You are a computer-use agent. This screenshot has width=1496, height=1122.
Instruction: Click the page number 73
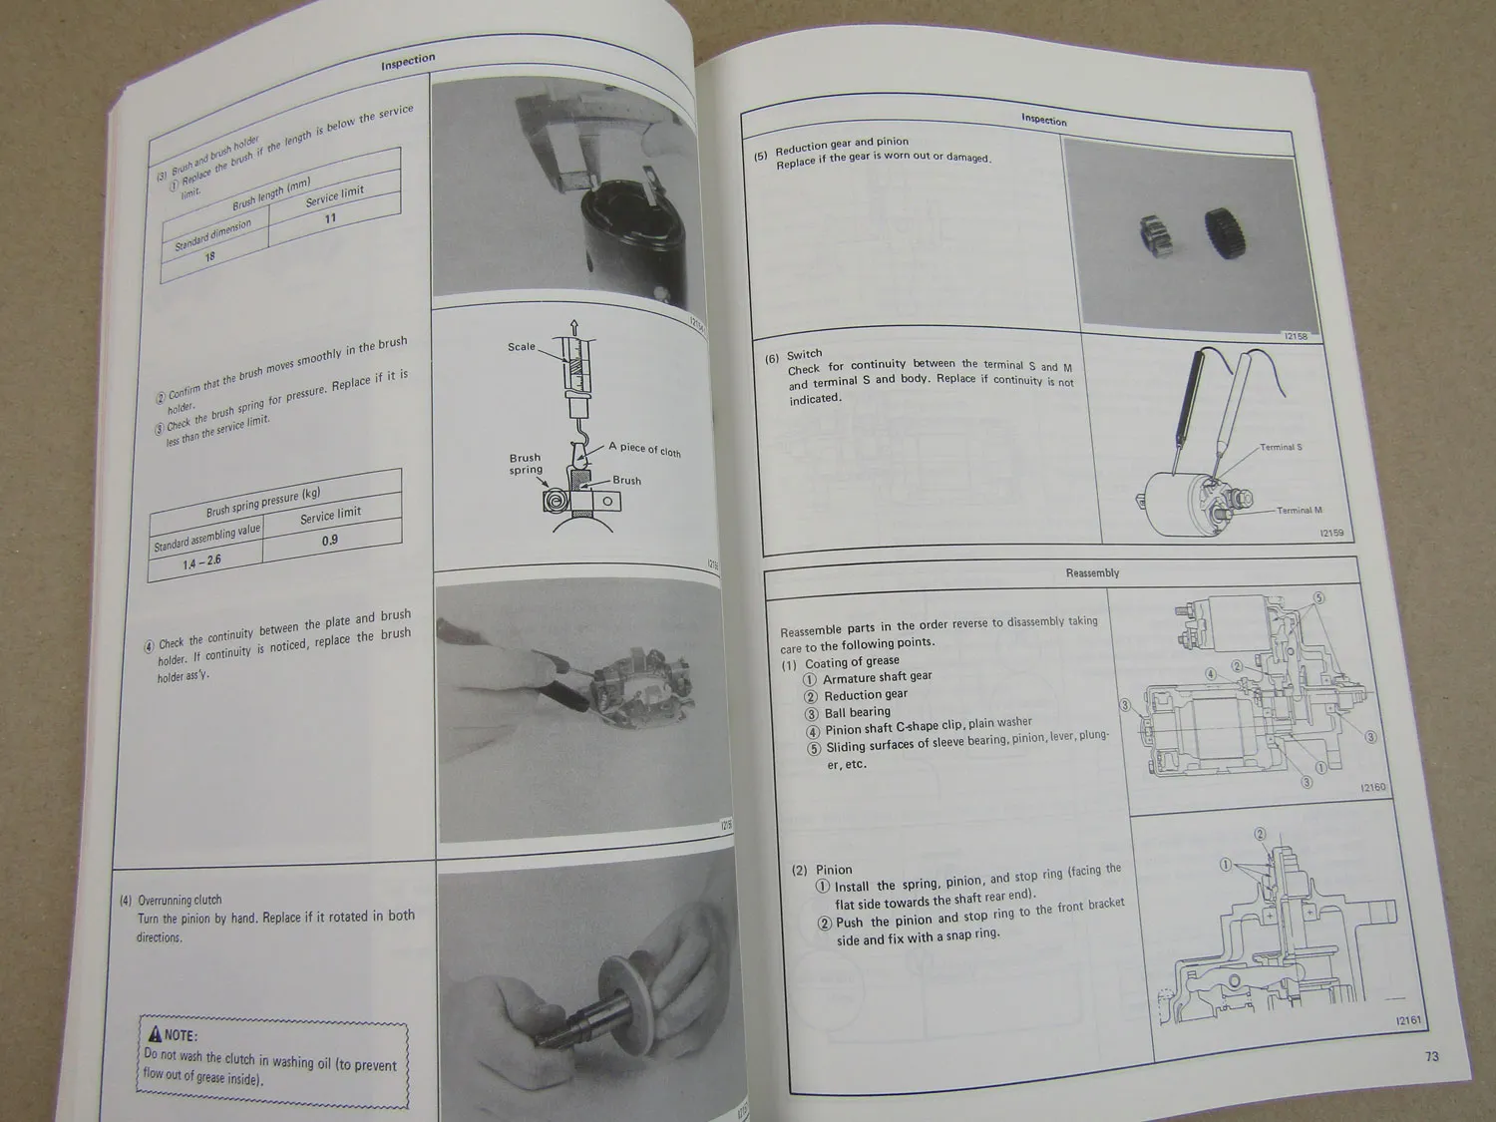click(1431, 1056)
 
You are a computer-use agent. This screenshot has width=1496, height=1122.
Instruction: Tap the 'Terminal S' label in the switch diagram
click(1281, 447)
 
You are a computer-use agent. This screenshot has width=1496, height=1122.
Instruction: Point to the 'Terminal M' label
click(1299, 510)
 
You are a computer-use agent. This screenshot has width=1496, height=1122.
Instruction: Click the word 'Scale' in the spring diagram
click(521, 347)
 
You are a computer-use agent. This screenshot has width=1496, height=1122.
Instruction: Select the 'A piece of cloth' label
click(644, 450)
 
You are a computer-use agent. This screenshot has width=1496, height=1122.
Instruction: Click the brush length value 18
click(209, 256)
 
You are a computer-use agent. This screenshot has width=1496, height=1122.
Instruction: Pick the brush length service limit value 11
click(330, 218)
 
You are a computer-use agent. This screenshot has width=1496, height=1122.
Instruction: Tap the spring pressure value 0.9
click(329, 540)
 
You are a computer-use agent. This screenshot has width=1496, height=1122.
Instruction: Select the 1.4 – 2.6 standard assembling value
click(201, 561)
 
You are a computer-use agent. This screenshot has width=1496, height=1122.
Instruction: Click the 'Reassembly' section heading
click(1092, 572)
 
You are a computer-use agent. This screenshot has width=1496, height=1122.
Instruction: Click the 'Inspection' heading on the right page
click(1043, 120)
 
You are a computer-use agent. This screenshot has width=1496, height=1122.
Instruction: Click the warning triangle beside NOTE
click(155, 1035)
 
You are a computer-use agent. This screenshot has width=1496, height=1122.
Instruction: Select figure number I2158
click(1296, 336)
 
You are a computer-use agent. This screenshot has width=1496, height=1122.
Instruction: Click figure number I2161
click(1407, 1020)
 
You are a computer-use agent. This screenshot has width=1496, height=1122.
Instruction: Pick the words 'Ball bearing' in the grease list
click(857, 712)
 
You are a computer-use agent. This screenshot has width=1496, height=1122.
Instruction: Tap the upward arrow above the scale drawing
click(573, 326)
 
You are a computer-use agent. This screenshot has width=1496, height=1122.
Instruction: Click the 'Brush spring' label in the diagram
click(526, 464)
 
